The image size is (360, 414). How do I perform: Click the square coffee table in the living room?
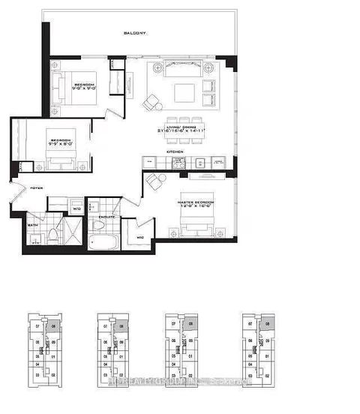click(x=184, y=92)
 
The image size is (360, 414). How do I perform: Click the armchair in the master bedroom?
click(x=156, y=181)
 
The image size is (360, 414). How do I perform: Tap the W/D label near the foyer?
click(x=76, y=209)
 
